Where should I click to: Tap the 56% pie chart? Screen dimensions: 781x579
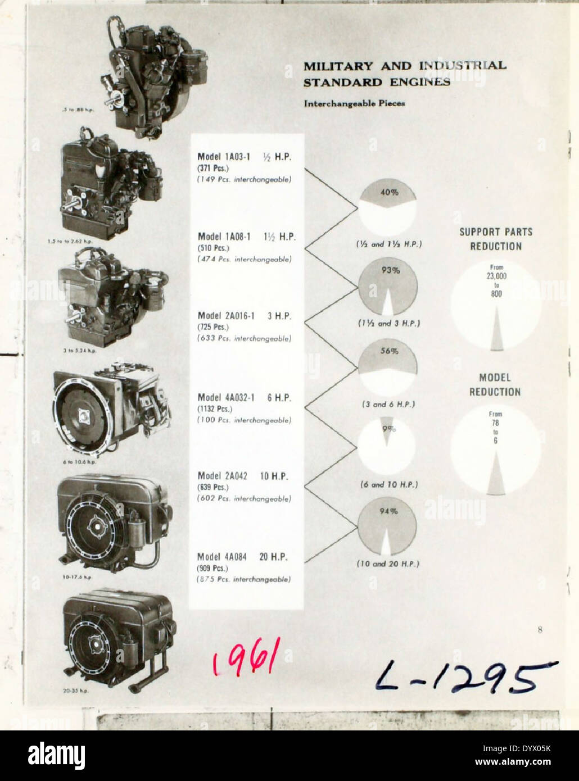coord(387,367)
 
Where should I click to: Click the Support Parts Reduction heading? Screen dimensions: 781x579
coord(496,239)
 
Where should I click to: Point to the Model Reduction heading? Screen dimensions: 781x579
coord(495,385)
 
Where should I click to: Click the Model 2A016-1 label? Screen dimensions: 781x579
coord(225,316)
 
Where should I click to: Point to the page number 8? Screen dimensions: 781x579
coord(540,630)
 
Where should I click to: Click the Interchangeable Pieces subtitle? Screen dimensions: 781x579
coord(354,104)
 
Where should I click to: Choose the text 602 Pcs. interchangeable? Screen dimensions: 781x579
coord(245,498)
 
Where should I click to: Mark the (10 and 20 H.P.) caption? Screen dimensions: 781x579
coord(388,564)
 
